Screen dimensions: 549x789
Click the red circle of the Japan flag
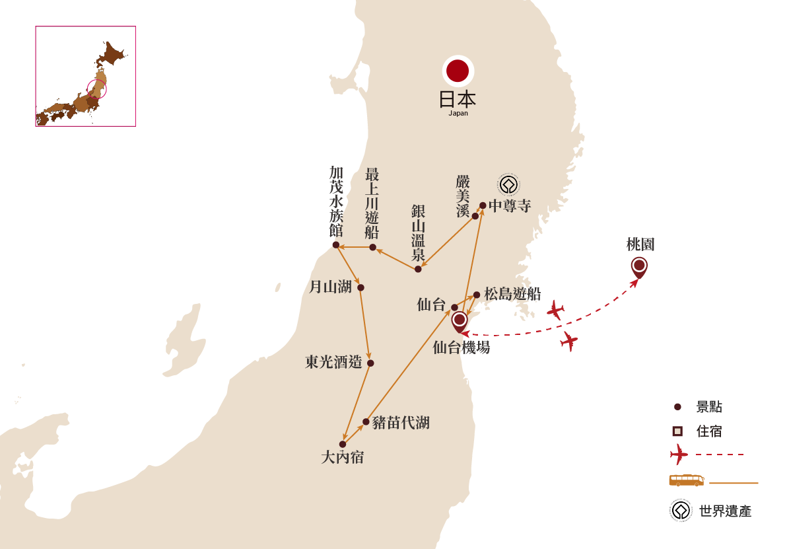[x=457, y=69]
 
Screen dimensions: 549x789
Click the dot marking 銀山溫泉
[x=418, y=269]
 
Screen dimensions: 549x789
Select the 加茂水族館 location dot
[x=335, y=244]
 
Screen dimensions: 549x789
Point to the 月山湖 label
[x=330, y=287]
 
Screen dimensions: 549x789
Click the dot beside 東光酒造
[x=370, y=363]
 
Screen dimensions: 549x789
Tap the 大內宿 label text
[x=342, y=457]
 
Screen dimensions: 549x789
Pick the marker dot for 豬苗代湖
[x=366, y=421]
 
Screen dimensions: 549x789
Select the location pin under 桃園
[x=638, y=266]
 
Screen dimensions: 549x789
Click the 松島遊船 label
[x=512, y=294]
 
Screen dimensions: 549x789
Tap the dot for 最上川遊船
[x=372, y=247]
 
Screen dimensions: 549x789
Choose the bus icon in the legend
[x=686, y=481]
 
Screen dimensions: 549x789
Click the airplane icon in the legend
[x=678, y=455]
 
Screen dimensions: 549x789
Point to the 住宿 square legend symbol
[x=677, y=432]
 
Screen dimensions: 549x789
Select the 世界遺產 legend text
[x=725, y=511]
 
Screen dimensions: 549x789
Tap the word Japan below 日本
[x=458, y=113]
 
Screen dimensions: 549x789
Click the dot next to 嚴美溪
[x=475, y=216]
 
